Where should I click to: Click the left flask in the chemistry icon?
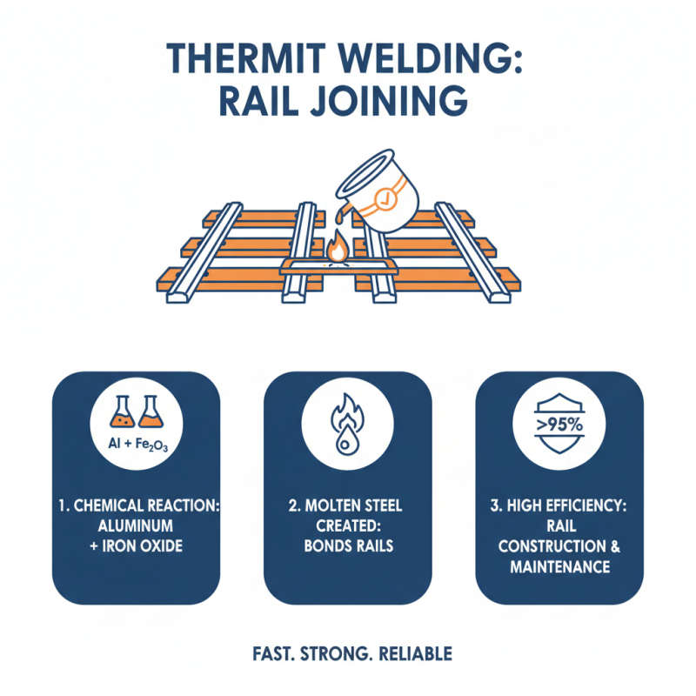tap(119, 412)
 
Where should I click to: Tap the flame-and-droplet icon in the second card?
tap(347, 425)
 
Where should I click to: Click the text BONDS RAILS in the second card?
tap(347, 546)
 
